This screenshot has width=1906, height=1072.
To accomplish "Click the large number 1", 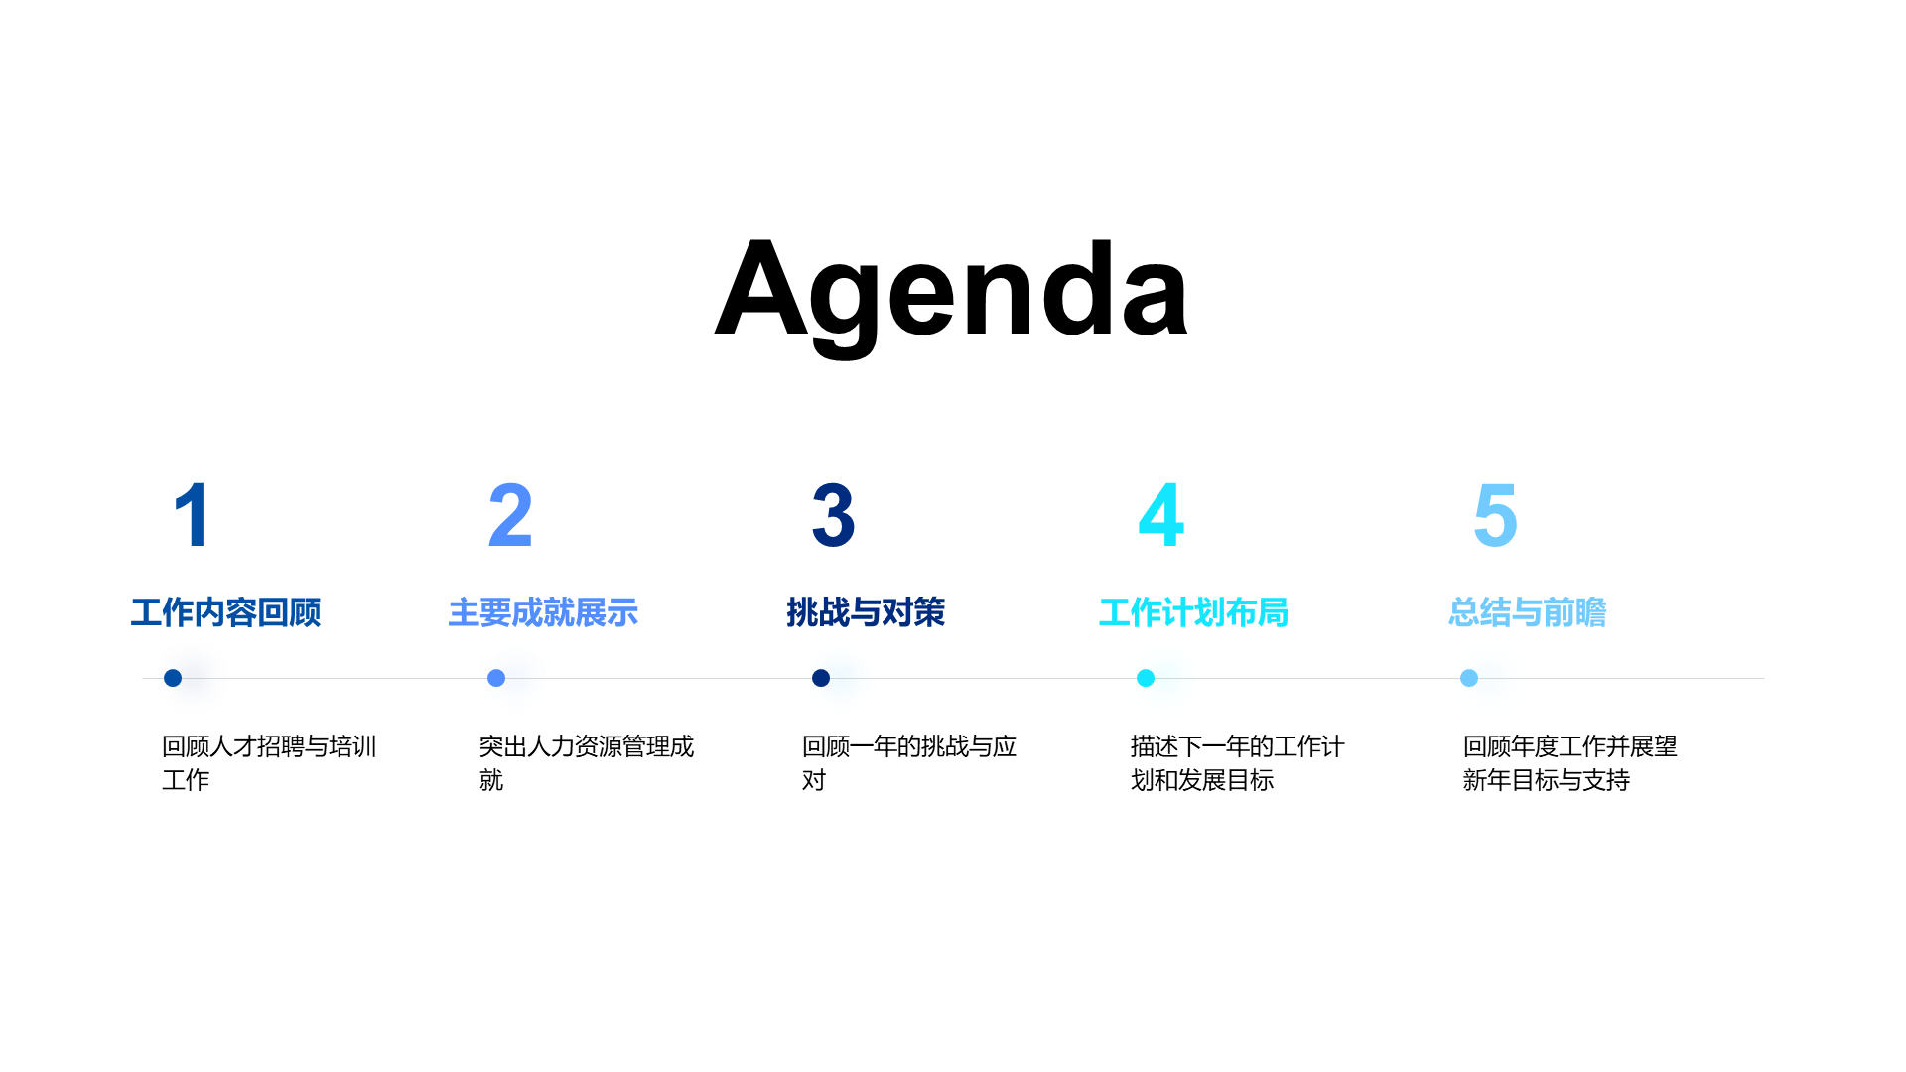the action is tap(193, 515).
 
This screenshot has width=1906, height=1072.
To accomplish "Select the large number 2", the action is tap(510, 515).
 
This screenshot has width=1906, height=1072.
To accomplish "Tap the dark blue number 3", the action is tap(833, 515).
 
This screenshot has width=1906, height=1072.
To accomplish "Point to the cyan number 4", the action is tap(1160, 515).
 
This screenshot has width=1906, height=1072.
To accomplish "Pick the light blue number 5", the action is tap(1496, 515).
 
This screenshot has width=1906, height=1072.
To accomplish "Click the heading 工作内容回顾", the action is tap(226, 612).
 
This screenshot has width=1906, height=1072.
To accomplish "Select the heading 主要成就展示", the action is tap(543, 612).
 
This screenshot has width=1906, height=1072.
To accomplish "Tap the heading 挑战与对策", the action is tap(866, 612).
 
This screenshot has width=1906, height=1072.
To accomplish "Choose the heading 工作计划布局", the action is tap(1194, 612).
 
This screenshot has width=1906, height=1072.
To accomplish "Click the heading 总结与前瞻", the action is tap(1528, 612).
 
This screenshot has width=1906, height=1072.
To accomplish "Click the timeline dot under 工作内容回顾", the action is tap(173, 678).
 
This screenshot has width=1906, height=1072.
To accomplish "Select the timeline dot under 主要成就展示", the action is tap(496, 678).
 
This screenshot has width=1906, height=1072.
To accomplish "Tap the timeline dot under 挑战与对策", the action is tap(821, 678).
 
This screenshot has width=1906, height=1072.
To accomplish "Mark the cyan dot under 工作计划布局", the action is tap(1146, 678).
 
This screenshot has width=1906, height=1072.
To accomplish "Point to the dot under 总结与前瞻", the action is tap(1469, 678).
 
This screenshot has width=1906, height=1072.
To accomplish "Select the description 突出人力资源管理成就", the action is tap(587, 763).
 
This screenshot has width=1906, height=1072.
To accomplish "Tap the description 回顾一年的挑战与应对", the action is tap(909, 763).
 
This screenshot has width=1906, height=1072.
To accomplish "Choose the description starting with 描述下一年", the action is tap(1238, 763).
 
